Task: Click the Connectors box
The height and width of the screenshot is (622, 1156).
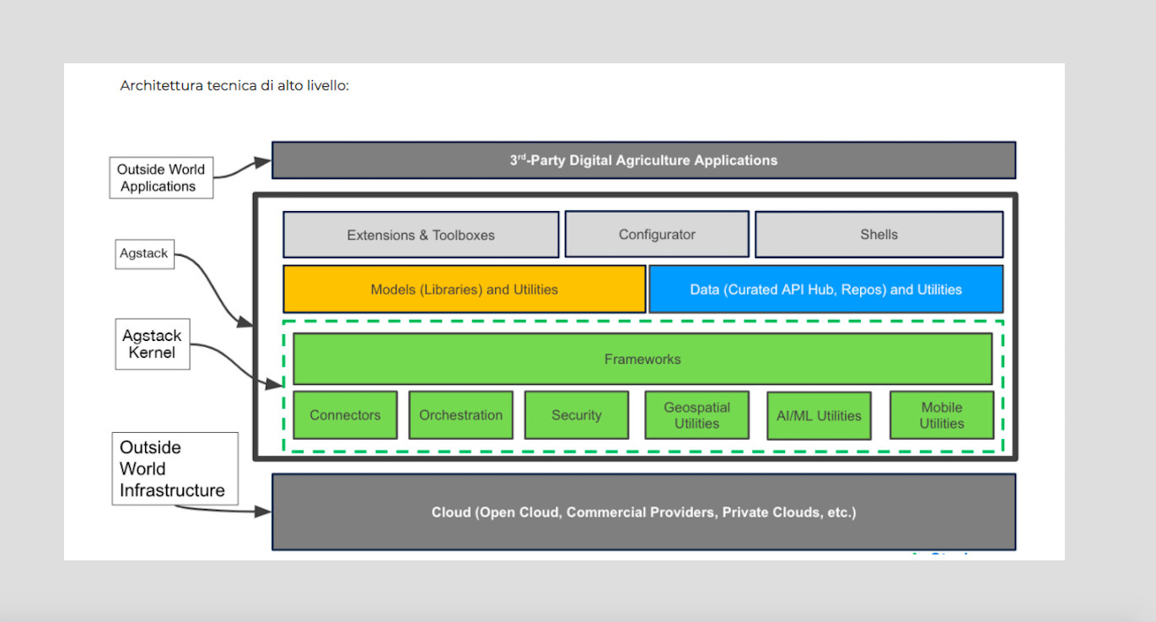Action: coord(345,415)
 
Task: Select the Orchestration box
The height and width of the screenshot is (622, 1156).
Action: coord(460,415)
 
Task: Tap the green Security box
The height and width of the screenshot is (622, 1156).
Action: coord(576,415)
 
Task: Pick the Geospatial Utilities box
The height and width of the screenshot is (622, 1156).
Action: coord(696,415)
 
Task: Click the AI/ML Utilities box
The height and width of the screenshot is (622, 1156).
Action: coord(818,415)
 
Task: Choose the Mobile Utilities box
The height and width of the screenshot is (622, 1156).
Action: coord(941,415)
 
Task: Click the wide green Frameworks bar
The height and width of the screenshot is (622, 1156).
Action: coord(642,359)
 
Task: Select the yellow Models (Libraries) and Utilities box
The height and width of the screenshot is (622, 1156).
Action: coord(464,289)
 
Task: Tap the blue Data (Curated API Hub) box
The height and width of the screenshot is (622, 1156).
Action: coord(825,289)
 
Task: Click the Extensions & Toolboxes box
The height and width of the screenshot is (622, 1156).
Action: coord(421,235)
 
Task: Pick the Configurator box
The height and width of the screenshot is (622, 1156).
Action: coord(657,235)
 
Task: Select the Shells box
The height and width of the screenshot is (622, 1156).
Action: coord(879,235)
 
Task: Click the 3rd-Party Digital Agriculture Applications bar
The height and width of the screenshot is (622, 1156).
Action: coord(643,160)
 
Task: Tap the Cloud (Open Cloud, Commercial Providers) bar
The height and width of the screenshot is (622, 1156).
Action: coord(643,512)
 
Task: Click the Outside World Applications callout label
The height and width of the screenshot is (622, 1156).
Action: coord(161,178)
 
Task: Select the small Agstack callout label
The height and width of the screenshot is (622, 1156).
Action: coord(144,253)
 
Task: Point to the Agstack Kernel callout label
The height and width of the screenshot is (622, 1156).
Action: coord(152,344)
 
